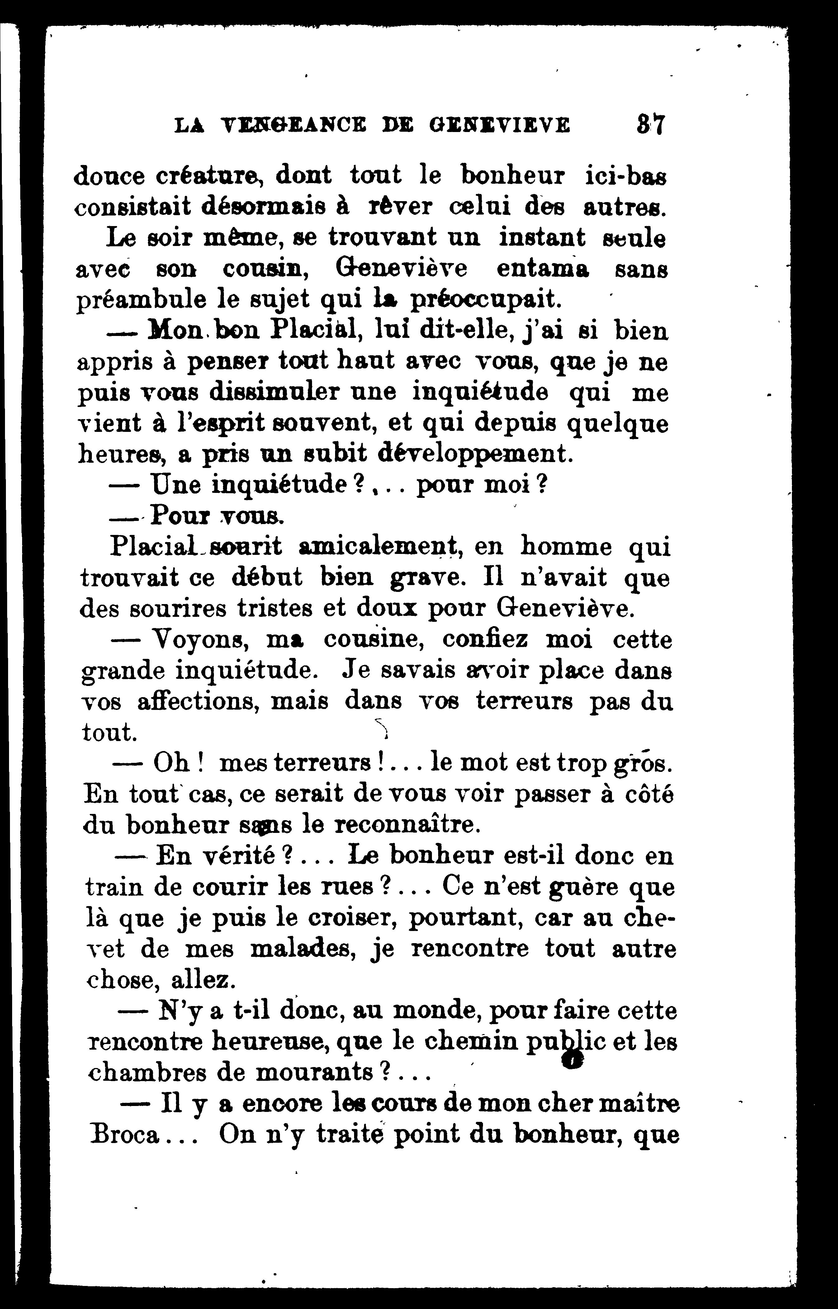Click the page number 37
(x=650, y=125)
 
